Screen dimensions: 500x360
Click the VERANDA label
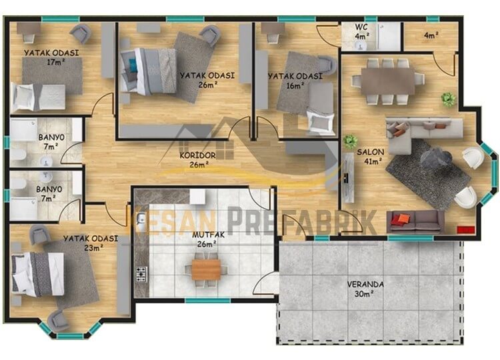click(365, 284)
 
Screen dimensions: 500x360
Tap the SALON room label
click(370, 152)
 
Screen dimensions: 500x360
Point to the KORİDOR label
click(198, 155)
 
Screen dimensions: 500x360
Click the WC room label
click(361, 27)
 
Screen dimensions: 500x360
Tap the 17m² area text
click(56, 62)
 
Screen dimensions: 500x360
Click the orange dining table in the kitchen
click(206, 269)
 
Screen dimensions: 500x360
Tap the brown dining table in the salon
click(388, 81)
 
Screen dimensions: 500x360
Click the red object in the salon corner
click(466, 229)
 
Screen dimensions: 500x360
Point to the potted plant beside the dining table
click(448, 99)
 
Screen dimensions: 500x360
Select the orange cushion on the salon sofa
click(403, 219)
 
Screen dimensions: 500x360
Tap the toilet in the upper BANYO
click(19, 155)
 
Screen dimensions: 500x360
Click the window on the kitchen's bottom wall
click(208, 301)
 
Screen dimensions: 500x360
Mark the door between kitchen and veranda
click(267, 284)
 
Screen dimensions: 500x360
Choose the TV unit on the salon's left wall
click(348, 177)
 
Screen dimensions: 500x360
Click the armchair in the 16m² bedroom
click(326, 66)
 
